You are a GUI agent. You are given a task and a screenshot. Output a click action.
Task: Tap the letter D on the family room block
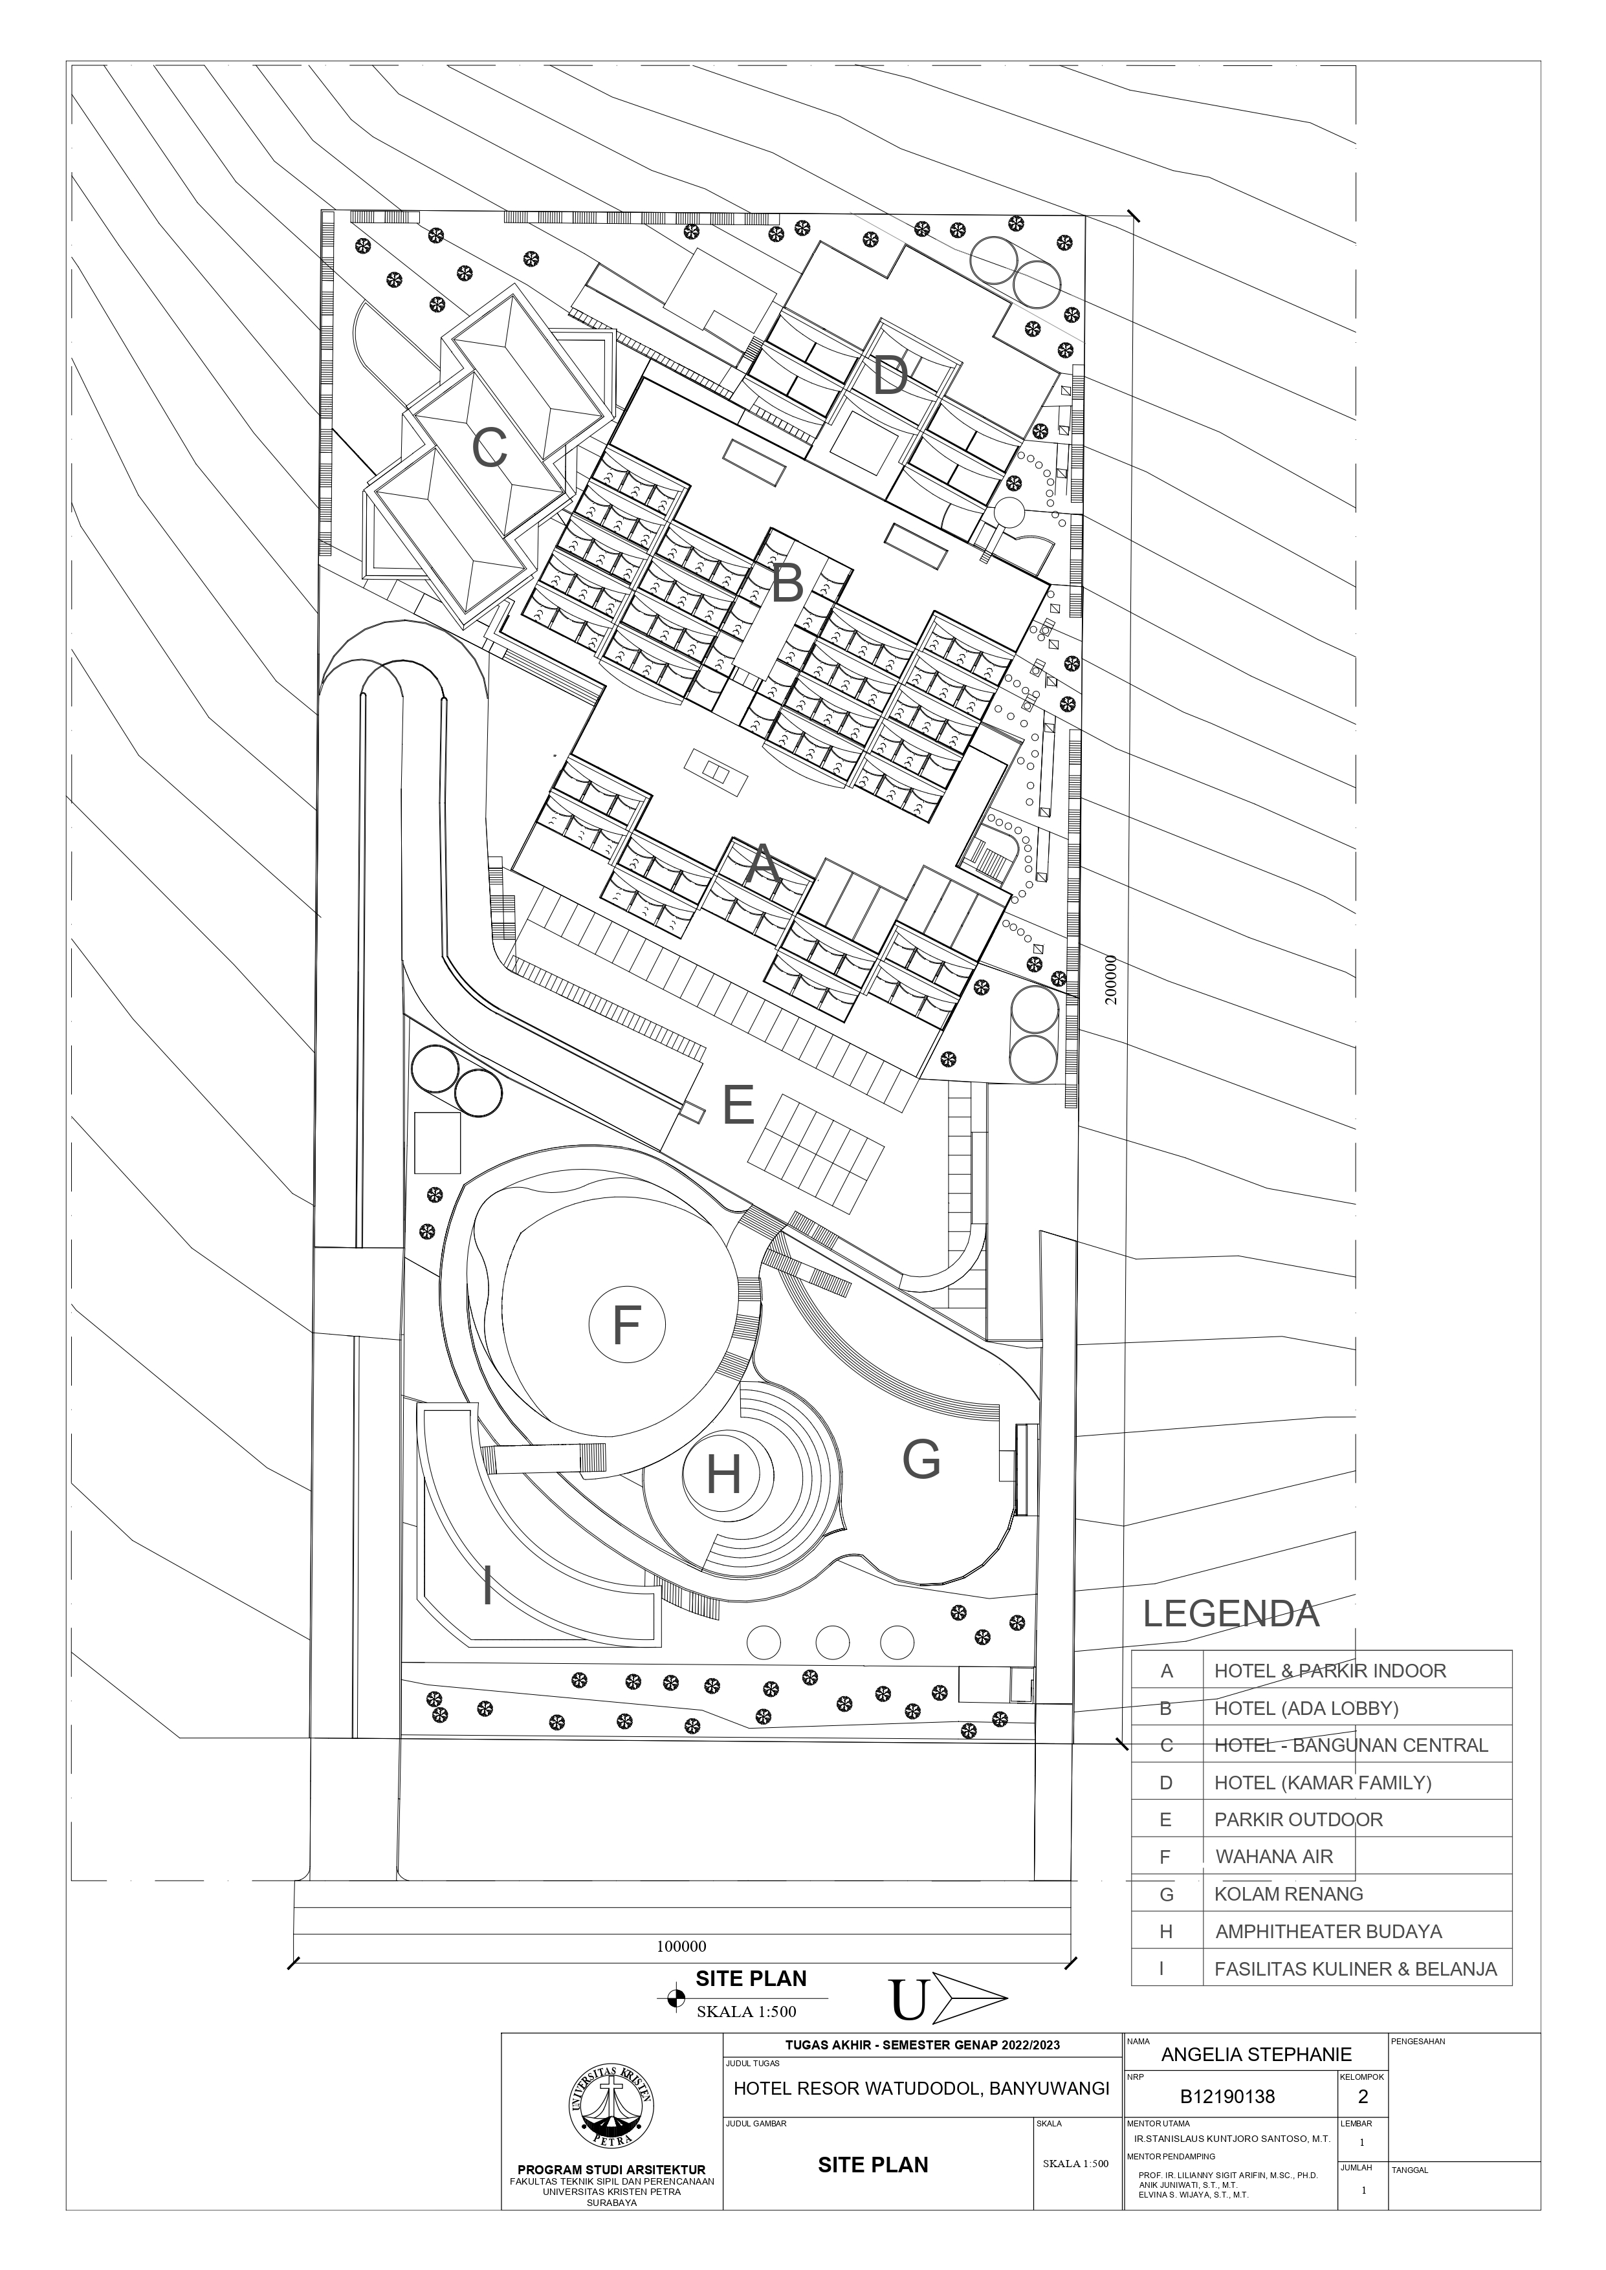pyautogui.click(x=890, y=376)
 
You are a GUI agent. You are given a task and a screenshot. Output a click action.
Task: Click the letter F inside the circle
pyautogui.click(x=626, y=1325)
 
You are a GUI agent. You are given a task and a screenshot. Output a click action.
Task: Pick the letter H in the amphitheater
pyautogui.click(x=724, y=1476)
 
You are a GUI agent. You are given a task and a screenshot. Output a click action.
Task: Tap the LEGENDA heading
pyautogui.click(x=1231, y=1613)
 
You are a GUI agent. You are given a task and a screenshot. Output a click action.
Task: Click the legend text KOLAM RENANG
pyautogui.click(x=1288, y=1894)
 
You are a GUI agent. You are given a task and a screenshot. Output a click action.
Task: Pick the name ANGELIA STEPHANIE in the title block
pyautogui.click(x=1256, y=2055)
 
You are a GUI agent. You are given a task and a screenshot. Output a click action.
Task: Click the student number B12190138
pyautogui.click(x=1227, y=2096)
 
